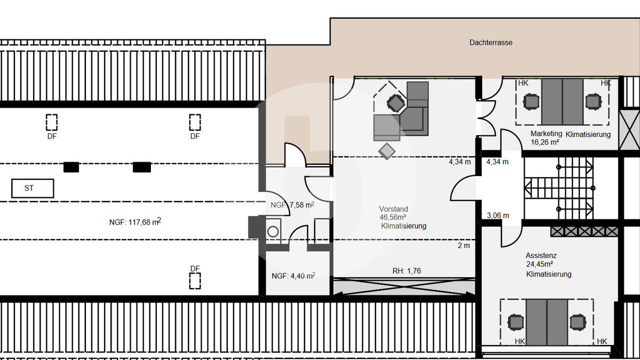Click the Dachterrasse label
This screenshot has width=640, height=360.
click(x=491, y=43)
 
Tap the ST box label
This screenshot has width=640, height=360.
click(x=29, y=188)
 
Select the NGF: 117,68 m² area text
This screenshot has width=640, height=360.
click(x=135, y=221)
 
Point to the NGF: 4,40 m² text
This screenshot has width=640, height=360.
click(x=293, y=276)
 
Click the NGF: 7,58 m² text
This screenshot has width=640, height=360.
click(x=292, y=205)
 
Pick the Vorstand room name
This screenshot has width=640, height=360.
click(x=394, y=209)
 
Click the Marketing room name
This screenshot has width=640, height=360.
click(x=546, y=133)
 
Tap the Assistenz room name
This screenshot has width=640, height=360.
click(x=541, y=255)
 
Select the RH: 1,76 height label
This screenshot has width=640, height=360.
click(x=406, y=271)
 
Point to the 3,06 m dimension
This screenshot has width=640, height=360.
click(x=498, y=215)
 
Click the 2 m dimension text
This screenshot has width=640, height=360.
click(x=463, y=245)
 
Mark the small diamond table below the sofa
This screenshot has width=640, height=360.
click(x=387, y=151)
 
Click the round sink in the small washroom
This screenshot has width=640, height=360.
click(x=273, y=231)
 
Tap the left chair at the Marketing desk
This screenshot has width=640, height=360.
click(x=531, y=102)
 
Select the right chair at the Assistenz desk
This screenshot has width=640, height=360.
click(x=578, y=322)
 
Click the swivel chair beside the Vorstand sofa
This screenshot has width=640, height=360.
click(x=396, y=103)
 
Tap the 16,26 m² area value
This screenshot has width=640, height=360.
click(x=545, y=142)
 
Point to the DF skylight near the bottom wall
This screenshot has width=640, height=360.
click(x=195, y=281)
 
